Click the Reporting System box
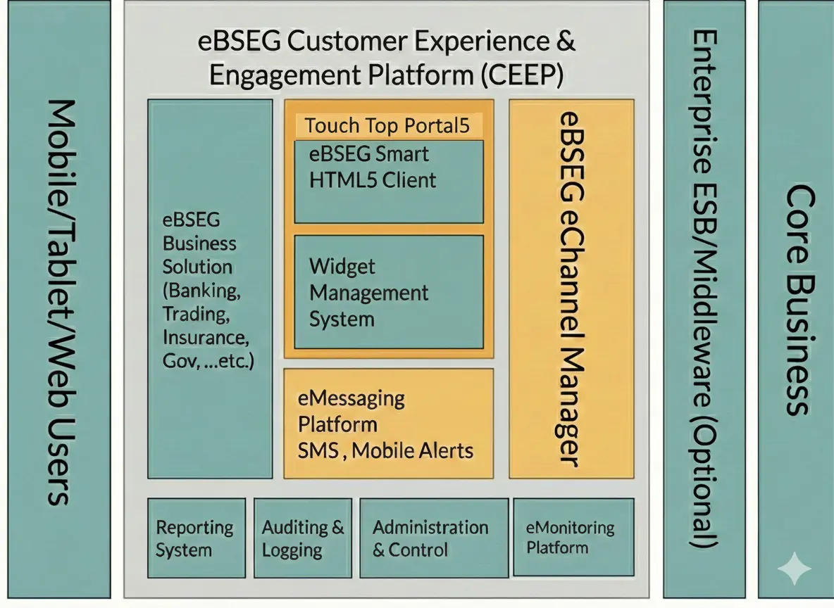pyautogui.click(x=196, y=538)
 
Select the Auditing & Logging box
pyautogui.click(x=302, y=538)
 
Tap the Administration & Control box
pyautogui.click(x=433, y=538)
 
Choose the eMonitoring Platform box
pyautogui.click(x=573, y=538)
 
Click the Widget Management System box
pyautogui.click(x=389, y=292)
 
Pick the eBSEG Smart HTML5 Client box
pyautogui.click(x=389, y=181)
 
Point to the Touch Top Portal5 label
pyautogui.click(x=387, y=126)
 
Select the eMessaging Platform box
pyautogui.click(x=388, y=424)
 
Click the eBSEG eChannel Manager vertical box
pyautogui.click(x=571, y=289)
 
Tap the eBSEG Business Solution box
pyautogui.click(x=209, y=289)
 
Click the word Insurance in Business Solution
pyautogui.click(x=205, y=337)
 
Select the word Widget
pyautogui.click(x=342, y=267)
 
